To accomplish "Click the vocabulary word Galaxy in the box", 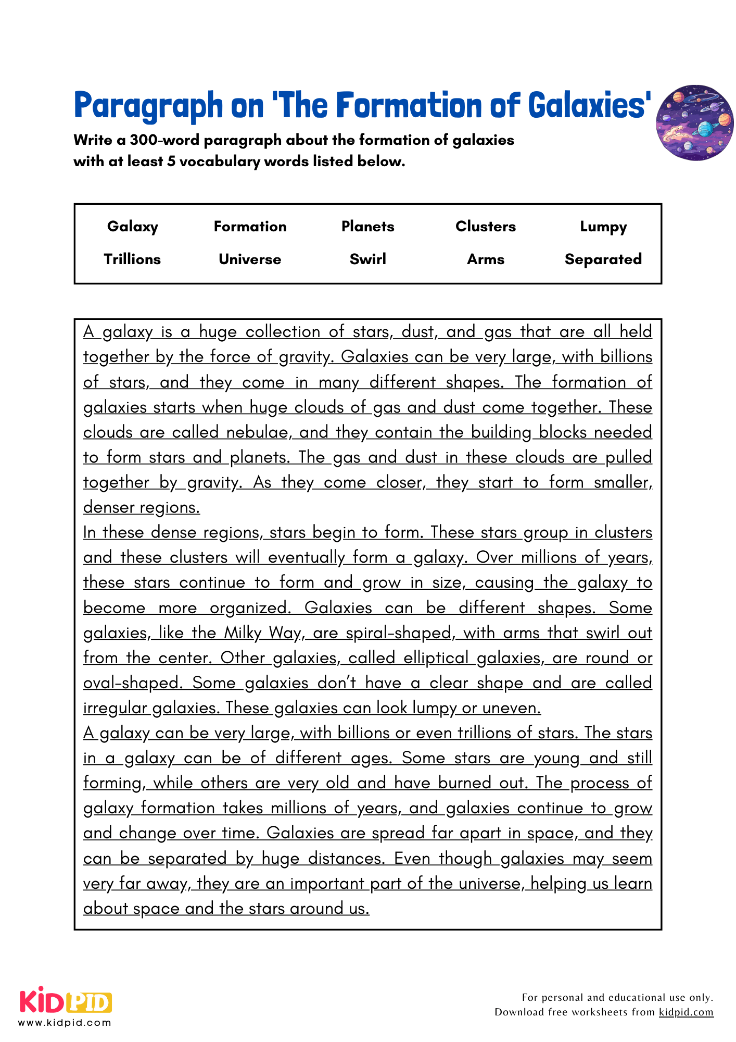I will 132,227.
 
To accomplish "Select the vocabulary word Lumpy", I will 603,227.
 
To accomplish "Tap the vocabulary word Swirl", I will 367,259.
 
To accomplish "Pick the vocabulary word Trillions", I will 132,259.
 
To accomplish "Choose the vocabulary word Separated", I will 603,259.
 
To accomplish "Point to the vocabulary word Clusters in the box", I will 485,227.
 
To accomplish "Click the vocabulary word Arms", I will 485,259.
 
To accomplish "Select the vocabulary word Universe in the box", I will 250,259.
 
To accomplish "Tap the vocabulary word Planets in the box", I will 367,227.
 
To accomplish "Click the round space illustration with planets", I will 694,123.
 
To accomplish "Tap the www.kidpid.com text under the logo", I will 65,1022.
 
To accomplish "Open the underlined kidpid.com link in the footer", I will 686,1012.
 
